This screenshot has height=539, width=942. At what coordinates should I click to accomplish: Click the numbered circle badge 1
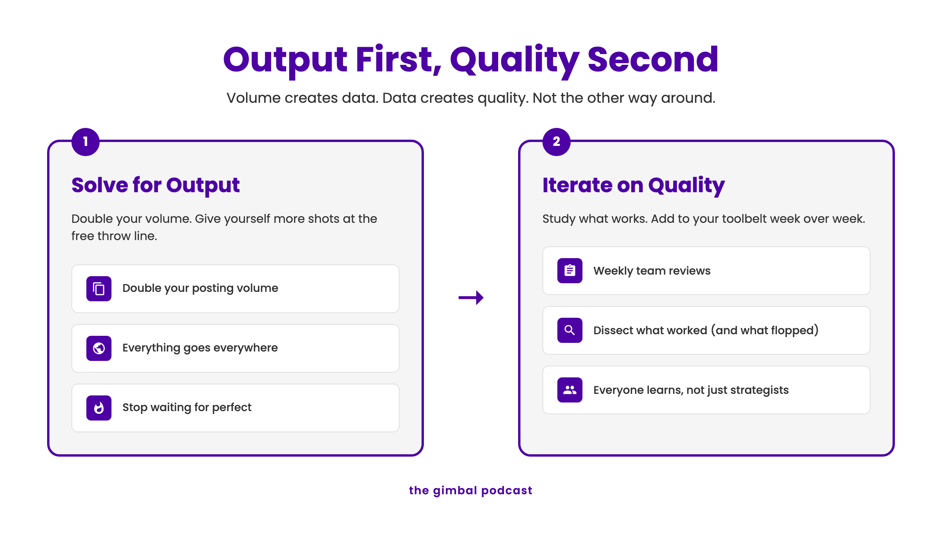coord(86,142)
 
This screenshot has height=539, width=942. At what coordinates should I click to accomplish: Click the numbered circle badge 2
coord(557,142)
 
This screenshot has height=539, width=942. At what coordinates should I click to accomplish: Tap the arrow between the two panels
coord(471,298)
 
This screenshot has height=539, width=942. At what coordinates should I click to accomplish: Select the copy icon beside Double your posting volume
coord(99,289)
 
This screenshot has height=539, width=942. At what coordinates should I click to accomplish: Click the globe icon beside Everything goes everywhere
coord(99,348)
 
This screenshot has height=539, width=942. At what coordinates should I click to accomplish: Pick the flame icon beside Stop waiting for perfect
coord(99,408)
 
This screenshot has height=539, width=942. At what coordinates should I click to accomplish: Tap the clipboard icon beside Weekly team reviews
coord(570,271)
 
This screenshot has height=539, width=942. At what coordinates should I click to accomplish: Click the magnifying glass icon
coord(570,330)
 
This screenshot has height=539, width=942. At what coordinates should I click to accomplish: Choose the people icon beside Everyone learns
coord(570,390)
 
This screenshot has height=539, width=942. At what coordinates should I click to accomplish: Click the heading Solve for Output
coord(155,185)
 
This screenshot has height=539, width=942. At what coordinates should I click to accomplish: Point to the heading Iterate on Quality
coord(633,185)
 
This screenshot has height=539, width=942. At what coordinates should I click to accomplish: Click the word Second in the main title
coord(653,60)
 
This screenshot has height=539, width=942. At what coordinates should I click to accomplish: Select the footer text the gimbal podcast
coord(471,491)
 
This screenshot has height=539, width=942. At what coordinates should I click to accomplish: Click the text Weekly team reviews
coord(652,271)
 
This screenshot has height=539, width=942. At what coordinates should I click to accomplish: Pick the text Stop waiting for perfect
coord(187,408)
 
